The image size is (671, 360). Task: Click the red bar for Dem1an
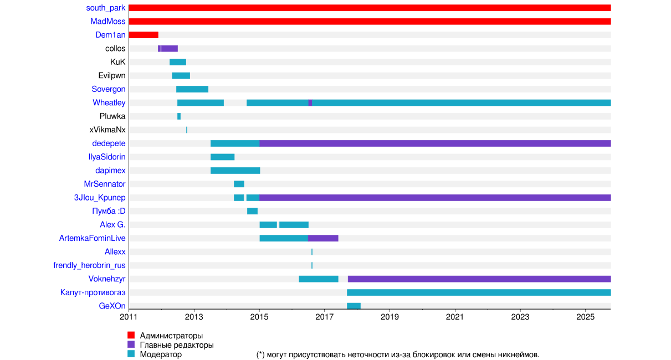click(x=144, y=35)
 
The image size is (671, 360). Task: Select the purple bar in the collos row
click(x=169, y=49)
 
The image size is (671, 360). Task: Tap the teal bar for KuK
click(x=178, y=62)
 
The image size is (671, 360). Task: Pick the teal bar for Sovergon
click(x=192, y=89)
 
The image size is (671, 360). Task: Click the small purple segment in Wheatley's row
click(x=310, y=102)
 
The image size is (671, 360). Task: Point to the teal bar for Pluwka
click(x=179, y=116)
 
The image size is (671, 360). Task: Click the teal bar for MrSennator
click(x=239, y=184)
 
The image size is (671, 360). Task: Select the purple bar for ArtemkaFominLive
click(x=323, y=238)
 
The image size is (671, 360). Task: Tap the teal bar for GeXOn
click(x=354, y=306)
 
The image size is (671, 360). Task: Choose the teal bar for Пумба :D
click(x=252, y=211)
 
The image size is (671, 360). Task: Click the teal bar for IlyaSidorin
click(x=222, y=157)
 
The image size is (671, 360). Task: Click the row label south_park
click(x=106, y=8)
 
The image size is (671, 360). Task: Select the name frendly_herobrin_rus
click(x=89, y=265)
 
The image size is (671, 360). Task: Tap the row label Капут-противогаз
click(x=93, y=292)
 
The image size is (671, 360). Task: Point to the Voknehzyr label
click(x=107, y=279)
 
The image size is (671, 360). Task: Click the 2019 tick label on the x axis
click(x=390, y=317)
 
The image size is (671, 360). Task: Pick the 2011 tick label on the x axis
click(x=129, y=317)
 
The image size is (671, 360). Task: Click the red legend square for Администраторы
click(x=131, y=336)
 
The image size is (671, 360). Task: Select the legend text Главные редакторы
click(x=177, y=345)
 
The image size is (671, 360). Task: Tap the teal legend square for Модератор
click(x=131, y=354)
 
